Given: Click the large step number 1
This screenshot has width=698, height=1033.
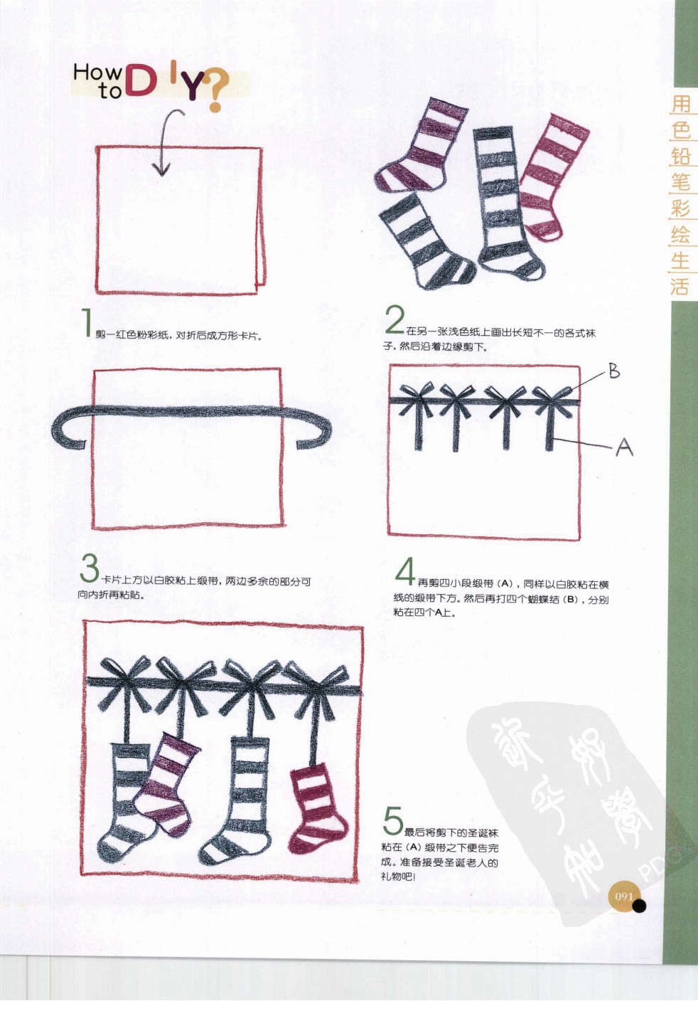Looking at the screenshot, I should point(87,322).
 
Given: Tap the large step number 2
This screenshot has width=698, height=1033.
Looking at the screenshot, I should point(394,320).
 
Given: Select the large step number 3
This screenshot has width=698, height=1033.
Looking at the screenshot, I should point(90,568).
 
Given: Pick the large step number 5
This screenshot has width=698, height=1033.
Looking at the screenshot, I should point(393,821).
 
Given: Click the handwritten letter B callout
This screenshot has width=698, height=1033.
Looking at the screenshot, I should point(613,371).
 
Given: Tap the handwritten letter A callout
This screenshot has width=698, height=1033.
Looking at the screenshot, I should point(623,447).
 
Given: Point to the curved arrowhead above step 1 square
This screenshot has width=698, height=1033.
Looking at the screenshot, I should point(161,169).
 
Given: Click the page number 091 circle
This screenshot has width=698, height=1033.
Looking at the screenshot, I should point(623,896).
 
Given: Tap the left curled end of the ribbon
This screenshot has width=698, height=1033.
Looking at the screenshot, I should point(65,435).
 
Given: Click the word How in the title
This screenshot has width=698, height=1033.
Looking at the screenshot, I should point(97,72).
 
